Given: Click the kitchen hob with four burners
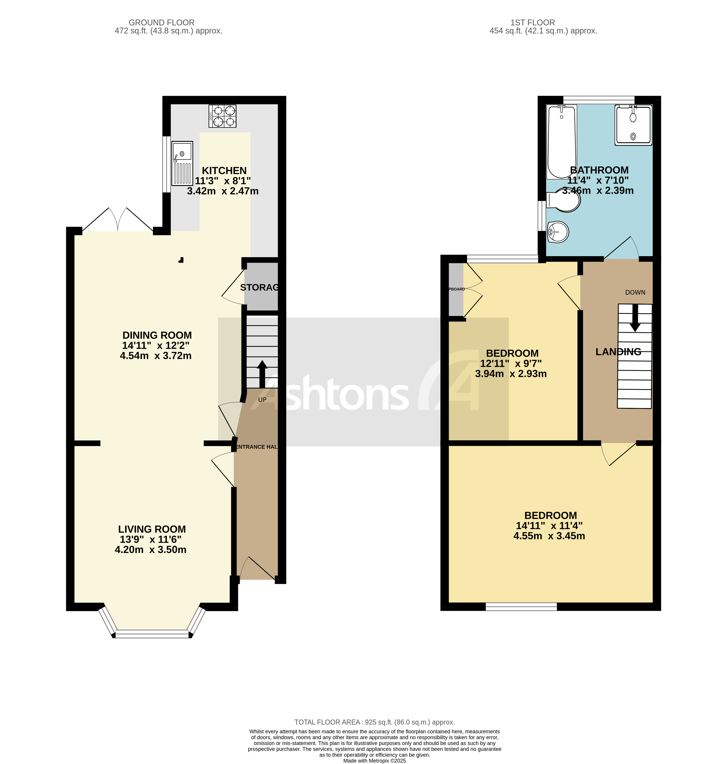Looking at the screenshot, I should [222, 116].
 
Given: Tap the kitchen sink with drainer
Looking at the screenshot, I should [182, 163].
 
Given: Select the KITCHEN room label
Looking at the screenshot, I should [224, 171].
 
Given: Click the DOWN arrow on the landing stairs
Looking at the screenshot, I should [635, 318].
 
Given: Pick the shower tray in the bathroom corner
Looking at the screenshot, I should [633, 125].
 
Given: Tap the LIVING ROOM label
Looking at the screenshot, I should [152, 529].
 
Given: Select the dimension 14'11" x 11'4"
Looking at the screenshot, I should [549, 525].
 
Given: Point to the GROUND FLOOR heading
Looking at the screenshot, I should [162, 22].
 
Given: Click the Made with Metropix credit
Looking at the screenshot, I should [374, 760].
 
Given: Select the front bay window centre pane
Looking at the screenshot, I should [152, 634].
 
